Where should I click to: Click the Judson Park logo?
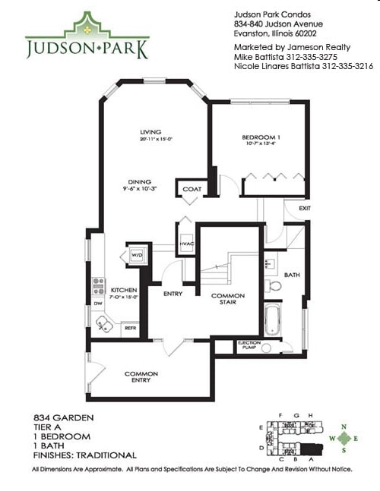pyautogui.click(x=87, y=37)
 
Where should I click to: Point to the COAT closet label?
pyautogui.click(x=189, y=188)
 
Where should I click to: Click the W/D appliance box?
pyautogui.click(x=138, y=254)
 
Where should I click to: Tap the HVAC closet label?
pyautogui.click(x=186, y=243)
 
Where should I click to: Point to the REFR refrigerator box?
pyautogui.click(x=129, y=327)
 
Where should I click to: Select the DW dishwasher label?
pyautogui.click(x=97, y=304)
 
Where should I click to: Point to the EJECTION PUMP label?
pyautogui.click(x=249, y=345)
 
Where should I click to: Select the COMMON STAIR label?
pyautogui.click(x=227, y=298)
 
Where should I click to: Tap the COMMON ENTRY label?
pyautogui.click(x=141, y=376)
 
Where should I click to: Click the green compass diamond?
pyautogui.click(x=346, y=438)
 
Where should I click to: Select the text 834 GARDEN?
pyautogui.click(x=59, y=418)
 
